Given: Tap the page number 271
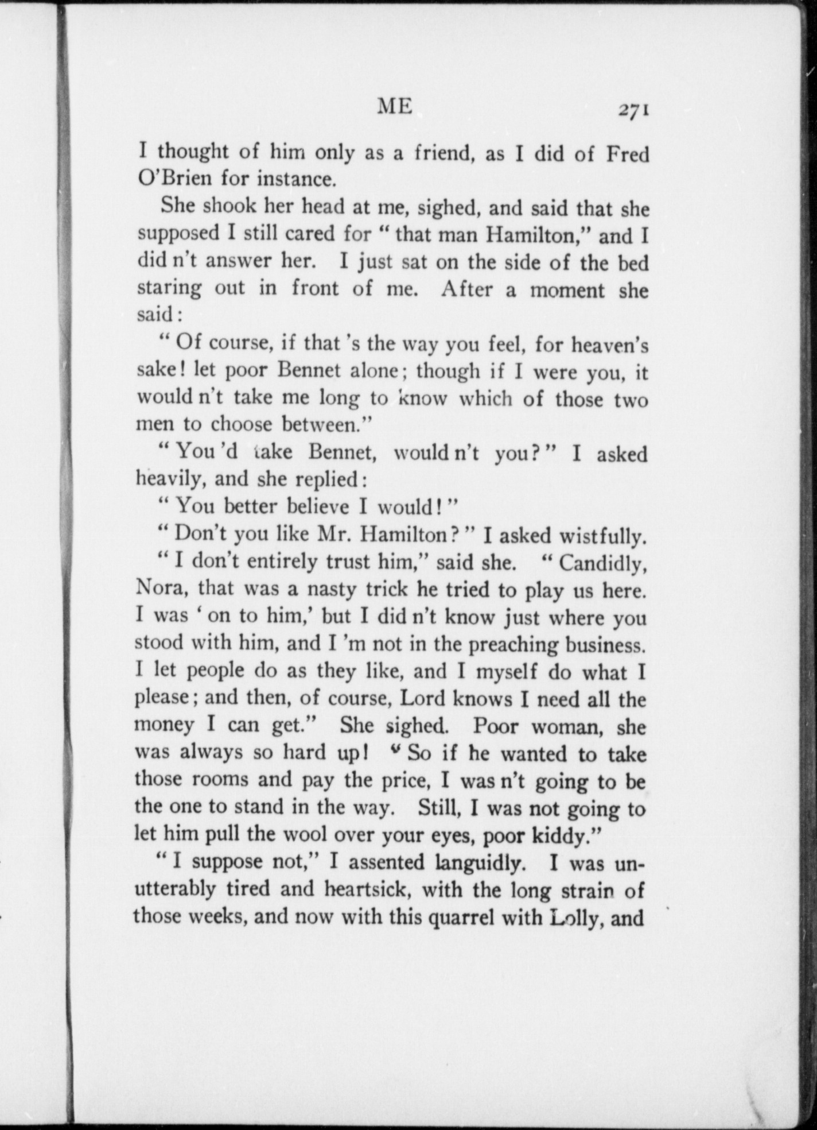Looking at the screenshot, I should coord(633,111).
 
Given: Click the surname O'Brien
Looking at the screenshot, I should coord(174,179).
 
